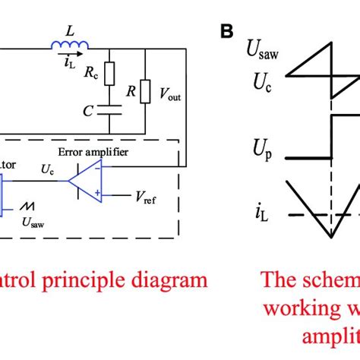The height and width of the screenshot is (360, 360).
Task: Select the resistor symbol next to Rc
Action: [109, 74]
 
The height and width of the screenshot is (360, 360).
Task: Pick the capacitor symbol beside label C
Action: [109, 111]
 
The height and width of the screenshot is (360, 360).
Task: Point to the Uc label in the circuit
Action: [48, 175]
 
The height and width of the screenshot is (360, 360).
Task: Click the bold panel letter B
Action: [227, 32]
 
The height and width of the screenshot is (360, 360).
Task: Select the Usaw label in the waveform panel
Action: [261, 51]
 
